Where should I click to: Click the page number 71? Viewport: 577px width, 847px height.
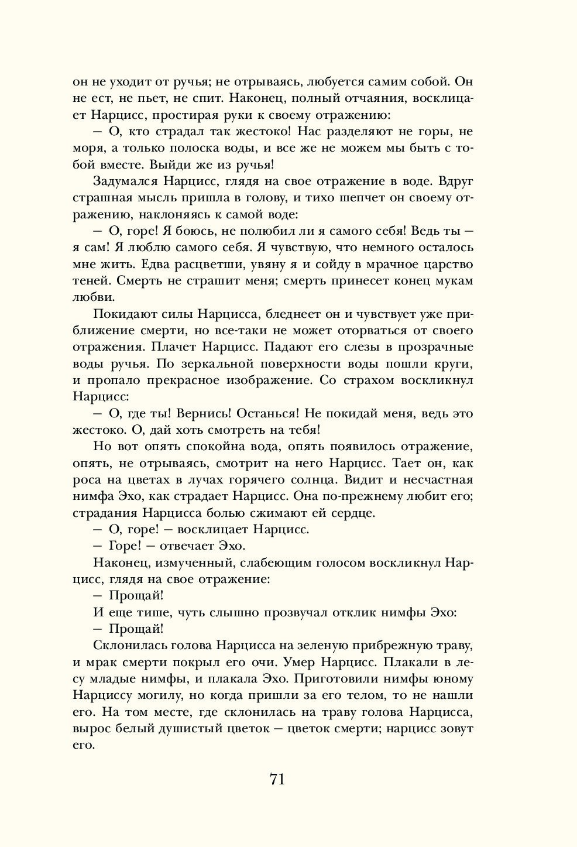tap(277, 779)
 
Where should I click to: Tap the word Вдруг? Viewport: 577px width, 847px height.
tap(455, 180)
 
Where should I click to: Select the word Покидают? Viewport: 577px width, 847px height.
tap(121, 314)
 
